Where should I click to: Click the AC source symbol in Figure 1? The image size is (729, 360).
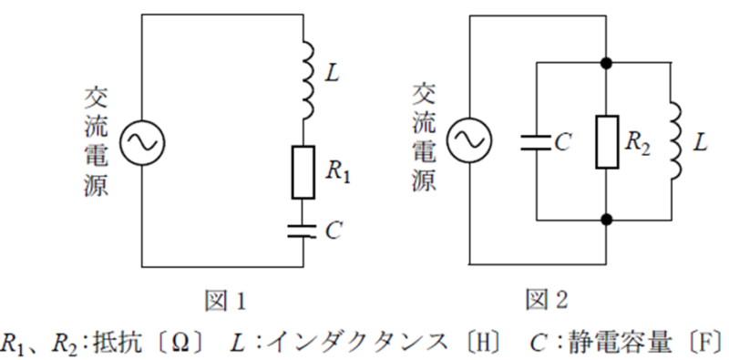click(142, 141)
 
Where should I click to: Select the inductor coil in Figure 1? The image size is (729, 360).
click(307, 80)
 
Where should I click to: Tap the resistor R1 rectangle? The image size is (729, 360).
click(303, 172)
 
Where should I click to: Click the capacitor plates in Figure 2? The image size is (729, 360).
click(537, 143)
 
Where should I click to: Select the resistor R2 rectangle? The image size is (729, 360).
click(607, 142)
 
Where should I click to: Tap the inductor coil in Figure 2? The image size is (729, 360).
click(674, 140)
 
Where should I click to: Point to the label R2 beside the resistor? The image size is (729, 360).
click(638, 144)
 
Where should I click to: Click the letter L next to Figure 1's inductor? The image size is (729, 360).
click(333, 75)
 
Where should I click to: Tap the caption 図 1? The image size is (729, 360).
click(225, 301)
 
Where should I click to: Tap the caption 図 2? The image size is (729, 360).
click(547, 301)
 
